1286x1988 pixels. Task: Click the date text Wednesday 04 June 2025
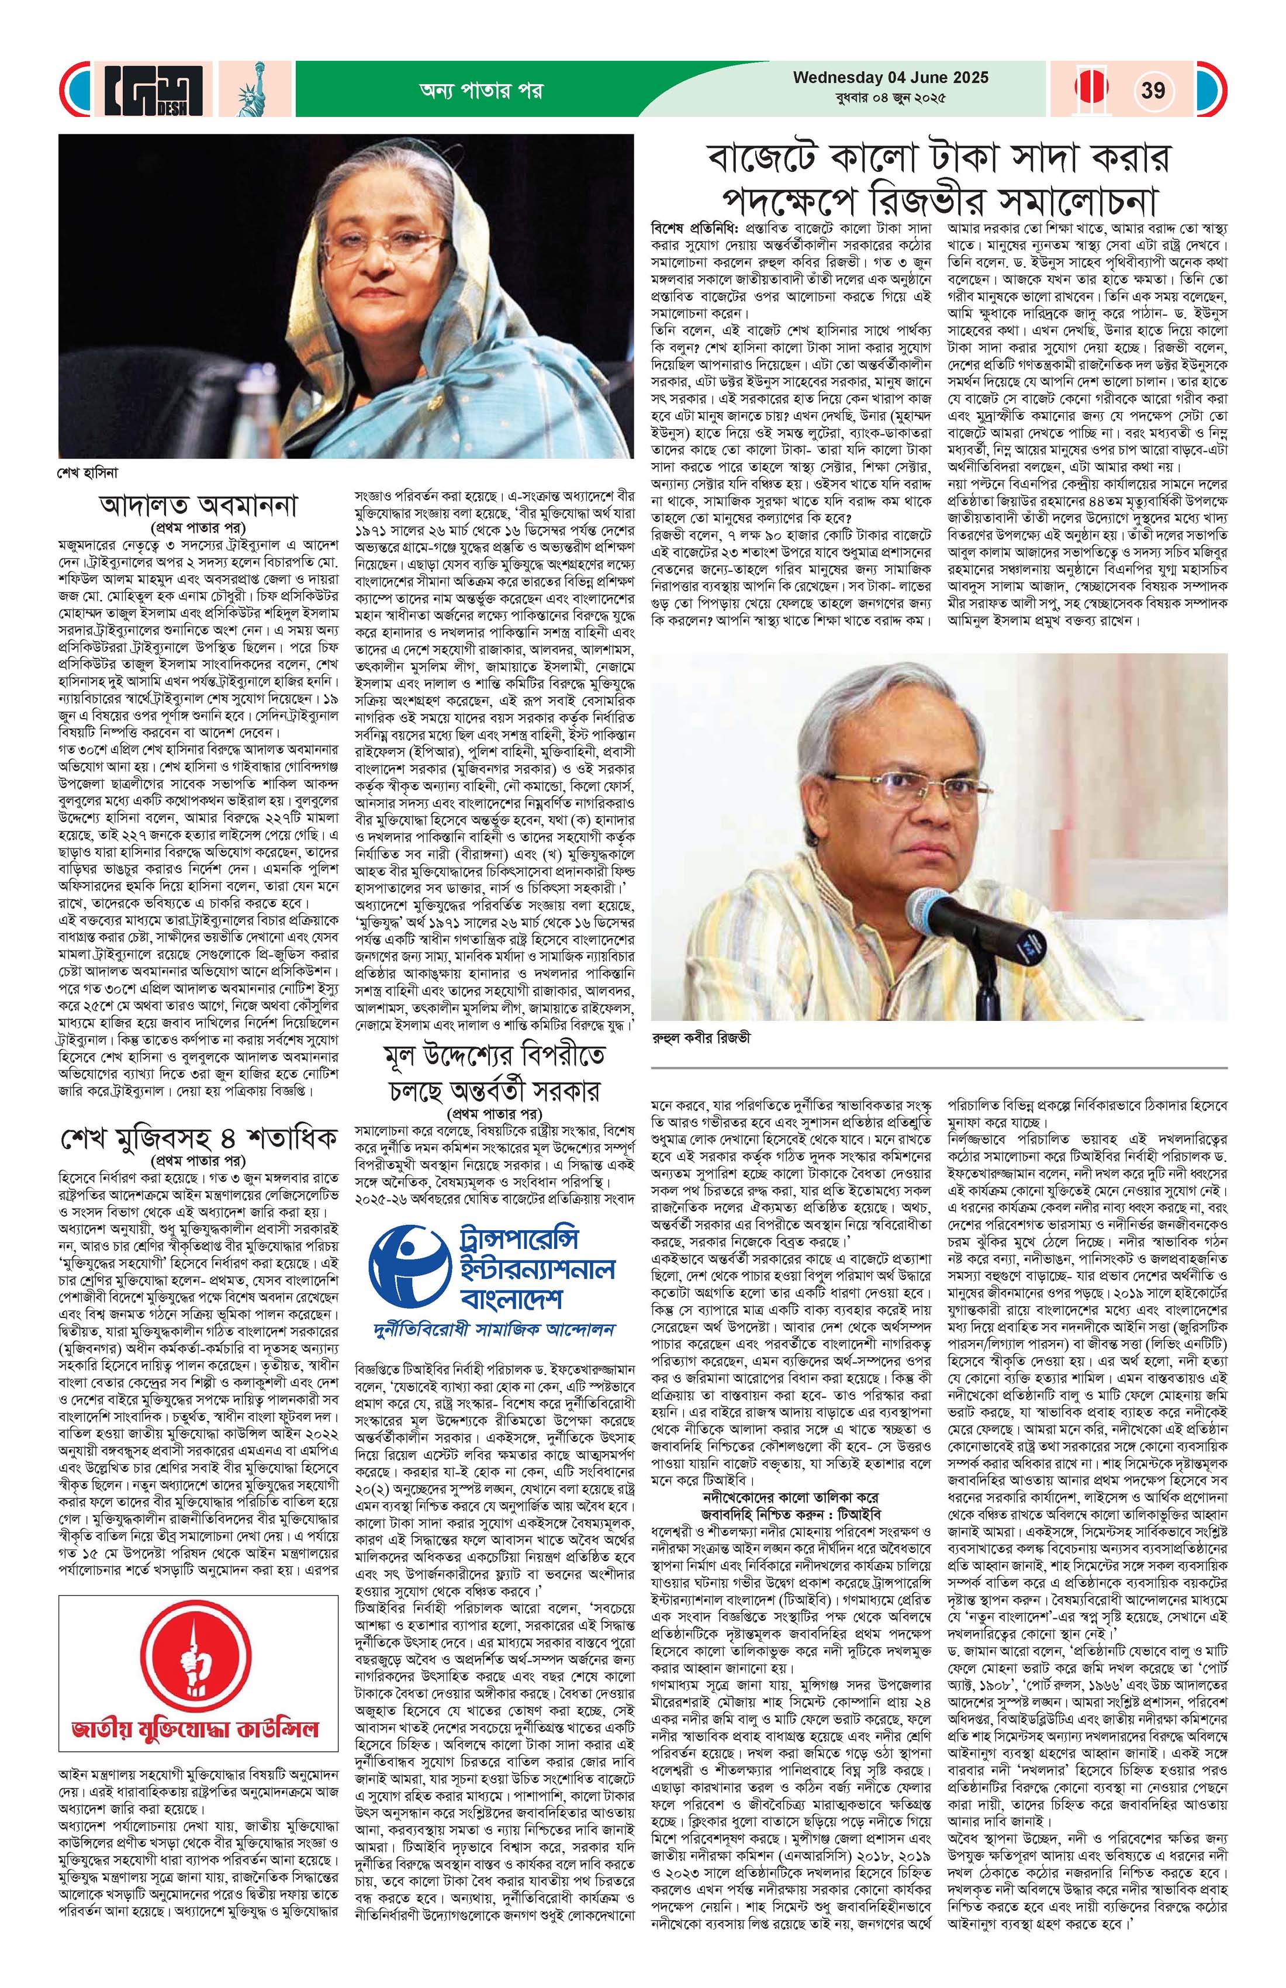point(890,78)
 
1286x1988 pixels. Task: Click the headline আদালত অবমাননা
point(198,506)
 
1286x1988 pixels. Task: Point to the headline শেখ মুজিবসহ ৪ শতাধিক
point(198,1138)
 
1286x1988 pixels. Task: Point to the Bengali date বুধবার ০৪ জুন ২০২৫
point(890,99)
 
